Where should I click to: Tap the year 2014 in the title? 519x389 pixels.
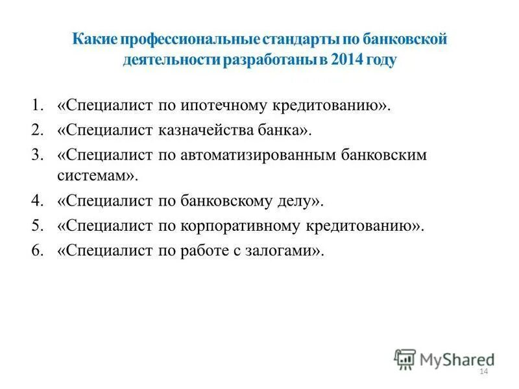[350, 61]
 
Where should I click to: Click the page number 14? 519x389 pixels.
[482, 371]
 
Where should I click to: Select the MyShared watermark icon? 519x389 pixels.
[405, 359]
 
